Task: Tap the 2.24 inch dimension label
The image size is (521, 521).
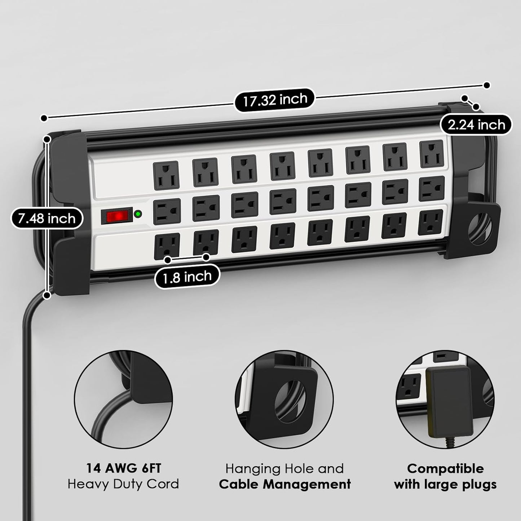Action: [x=476, y=125]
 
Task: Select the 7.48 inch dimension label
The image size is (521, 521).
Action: [x=47, y=218]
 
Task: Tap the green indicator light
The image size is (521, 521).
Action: [x=138, y=215]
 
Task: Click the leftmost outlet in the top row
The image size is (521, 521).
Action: [x=166, y=174]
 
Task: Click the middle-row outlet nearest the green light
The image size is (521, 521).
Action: [x=167, y=211]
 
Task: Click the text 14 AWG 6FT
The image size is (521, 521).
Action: [x=123, y=468]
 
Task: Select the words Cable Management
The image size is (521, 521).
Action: [x=285, y=484]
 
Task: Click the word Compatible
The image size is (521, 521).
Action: [x=445, y=468]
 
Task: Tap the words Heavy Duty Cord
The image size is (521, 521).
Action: [x=123, y=484]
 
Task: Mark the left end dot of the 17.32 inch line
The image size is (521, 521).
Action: [x=44, y=118]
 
